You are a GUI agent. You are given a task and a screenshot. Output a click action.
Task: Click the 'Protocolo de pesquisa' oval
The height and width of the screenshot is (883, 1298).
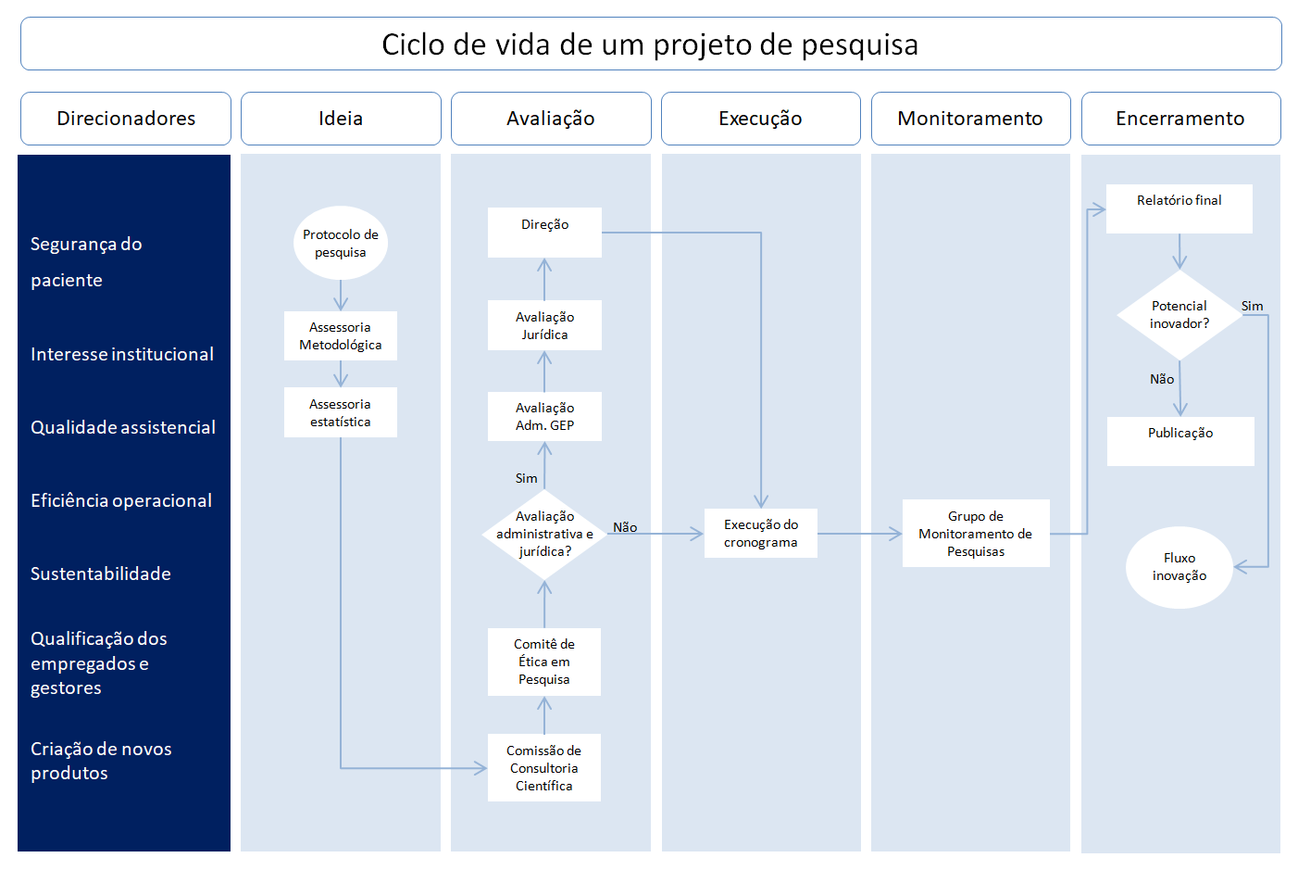pyautogui.click(x=341, y=243)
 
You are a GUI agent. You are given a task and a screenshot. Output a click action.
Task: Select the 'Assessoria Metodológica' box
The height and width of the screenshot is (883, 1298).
pyautogui.click(x=341, y=335)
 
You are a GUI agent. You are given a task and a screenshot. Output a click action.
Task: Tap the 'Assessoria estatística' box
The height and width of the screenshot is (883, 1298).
pyautogui.click(x=341, y=412)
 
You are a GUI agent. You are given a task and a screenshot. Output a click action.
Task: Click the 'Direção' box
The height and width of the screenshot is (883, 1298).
pyautogui.click(x=544, y=233)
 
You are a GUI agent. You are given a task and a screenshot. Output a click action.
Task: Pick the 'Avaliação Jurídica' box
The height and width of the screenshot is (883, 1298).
pyautogui.click(x=544, y=325)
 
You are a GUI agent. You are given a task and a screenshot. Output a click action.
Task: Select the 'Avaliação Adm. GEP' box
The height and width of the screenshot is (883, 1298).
pyautogui.click(x=544, y=416)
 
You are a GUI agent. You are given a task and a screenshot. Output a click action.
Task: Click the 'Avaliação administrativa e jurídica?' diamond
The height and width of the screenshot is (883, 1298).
pyautogui.click(x=544, y=534)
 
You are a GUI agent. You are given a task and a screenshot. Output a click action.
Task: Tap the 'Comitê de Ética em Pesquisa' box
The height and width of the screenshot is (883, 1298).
pyautogui.click(x=544, y=662)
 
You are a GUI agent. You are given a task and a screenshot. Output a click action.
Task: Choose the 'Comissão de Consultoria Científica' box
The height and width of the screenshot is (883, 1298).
pyautogui.click(x=544, y=768)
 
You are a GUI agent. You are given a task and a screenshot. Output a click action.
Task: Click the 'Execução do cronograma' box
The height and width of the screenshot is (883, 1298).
pyautogui.click(x=761, y=533)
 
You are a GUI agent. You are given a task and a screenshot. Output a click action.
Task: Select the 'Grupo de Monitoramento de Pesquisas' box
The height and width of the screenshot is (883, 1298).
pyautogui.click(x=976, y=534)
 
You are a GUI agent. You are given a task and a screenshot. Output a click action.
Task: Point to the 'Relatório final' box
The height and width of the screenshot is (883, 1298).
pyautogui.click(x=1179, y=208)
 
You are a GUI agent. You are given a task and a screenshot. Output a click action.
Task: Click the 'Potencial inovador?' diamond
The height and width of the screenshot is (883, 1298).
pyautogui.click(x=1179, y=315)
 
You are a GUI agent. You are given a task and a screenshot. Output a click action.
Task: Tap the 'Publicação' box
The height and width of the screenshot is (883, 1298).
pyautogui.click(x=1180, y=441)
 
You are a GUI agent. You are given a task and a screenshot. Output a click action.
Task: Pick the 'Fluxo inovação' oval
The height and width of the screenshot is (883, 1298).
pyautogui.click(x=1179, y=567)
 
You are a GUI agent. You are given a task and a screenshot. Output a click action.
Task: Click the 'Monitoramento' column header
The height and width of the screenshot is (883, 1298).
pyautogui.click(x=970, y=119)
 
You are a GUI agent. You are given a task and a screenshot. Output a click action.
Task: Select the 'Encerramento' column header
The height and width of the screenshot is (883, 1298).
pyautogui.click(x=1180, y=119)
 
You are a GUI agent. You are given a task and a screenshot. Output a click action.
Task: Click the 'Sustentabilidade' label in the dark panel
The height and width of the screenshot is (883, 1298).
pyautogui.click(x=101, y=574)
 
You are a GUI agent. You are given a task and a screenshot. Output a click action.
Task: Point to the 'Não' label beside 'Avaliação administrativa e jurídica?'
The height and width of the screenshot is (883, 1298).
pyautogui.click(x=625, y=527)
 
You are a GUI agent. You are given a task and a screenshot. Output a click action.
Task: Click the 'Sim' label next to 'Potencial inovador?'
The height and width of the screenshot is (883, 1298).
pyautogui.click(x=1252, y=306)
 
